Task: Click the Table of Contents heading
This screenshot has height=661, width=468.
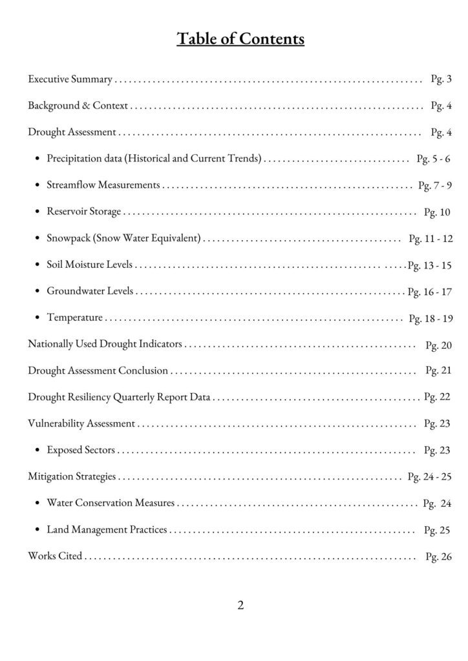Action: pos(240,39)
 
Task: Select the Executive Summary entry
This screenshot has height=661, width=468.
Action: pos(70,79)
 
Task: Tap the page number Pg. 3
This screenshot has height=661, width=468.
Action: pos(441,79)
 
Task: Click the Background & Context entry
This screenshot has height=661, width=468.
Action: pos(78,106)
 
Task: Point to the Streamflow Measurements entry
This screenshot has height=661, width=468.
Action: pos(103,185)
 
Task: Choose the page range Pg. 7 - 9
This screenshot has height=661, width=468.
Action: pos(434,186)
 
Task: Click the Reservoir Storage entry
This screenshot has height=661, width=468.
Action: pos(83,212)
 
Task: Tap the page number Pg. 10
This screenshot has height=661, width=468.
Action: pos(436,212)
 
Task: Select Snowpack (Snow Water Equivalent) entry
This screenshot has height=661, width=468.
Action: pos(124,238)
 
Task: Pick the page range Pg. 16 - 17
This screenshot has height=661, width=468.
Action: pos(429,292)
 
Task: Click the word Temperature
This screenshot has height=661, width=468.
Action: pos(74,318)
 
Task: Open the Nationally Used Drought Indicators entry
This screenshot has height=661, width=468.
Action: pos(105,344)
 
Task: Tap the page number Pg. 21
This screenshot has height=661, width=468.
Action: pos(438,371)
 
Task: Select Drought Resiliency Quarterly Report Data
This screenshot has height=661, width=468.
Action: pos(119,397)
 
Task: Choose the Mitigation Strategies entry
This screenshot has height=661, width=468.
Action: pos(72,476)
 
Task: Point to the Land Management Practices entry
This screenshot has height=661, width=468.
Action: pos(107,530)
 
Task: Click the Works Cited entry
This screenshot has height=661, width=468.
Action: pos(55,556)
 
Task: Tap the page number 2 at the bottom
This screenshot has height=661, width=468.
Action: pos(240,605)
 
